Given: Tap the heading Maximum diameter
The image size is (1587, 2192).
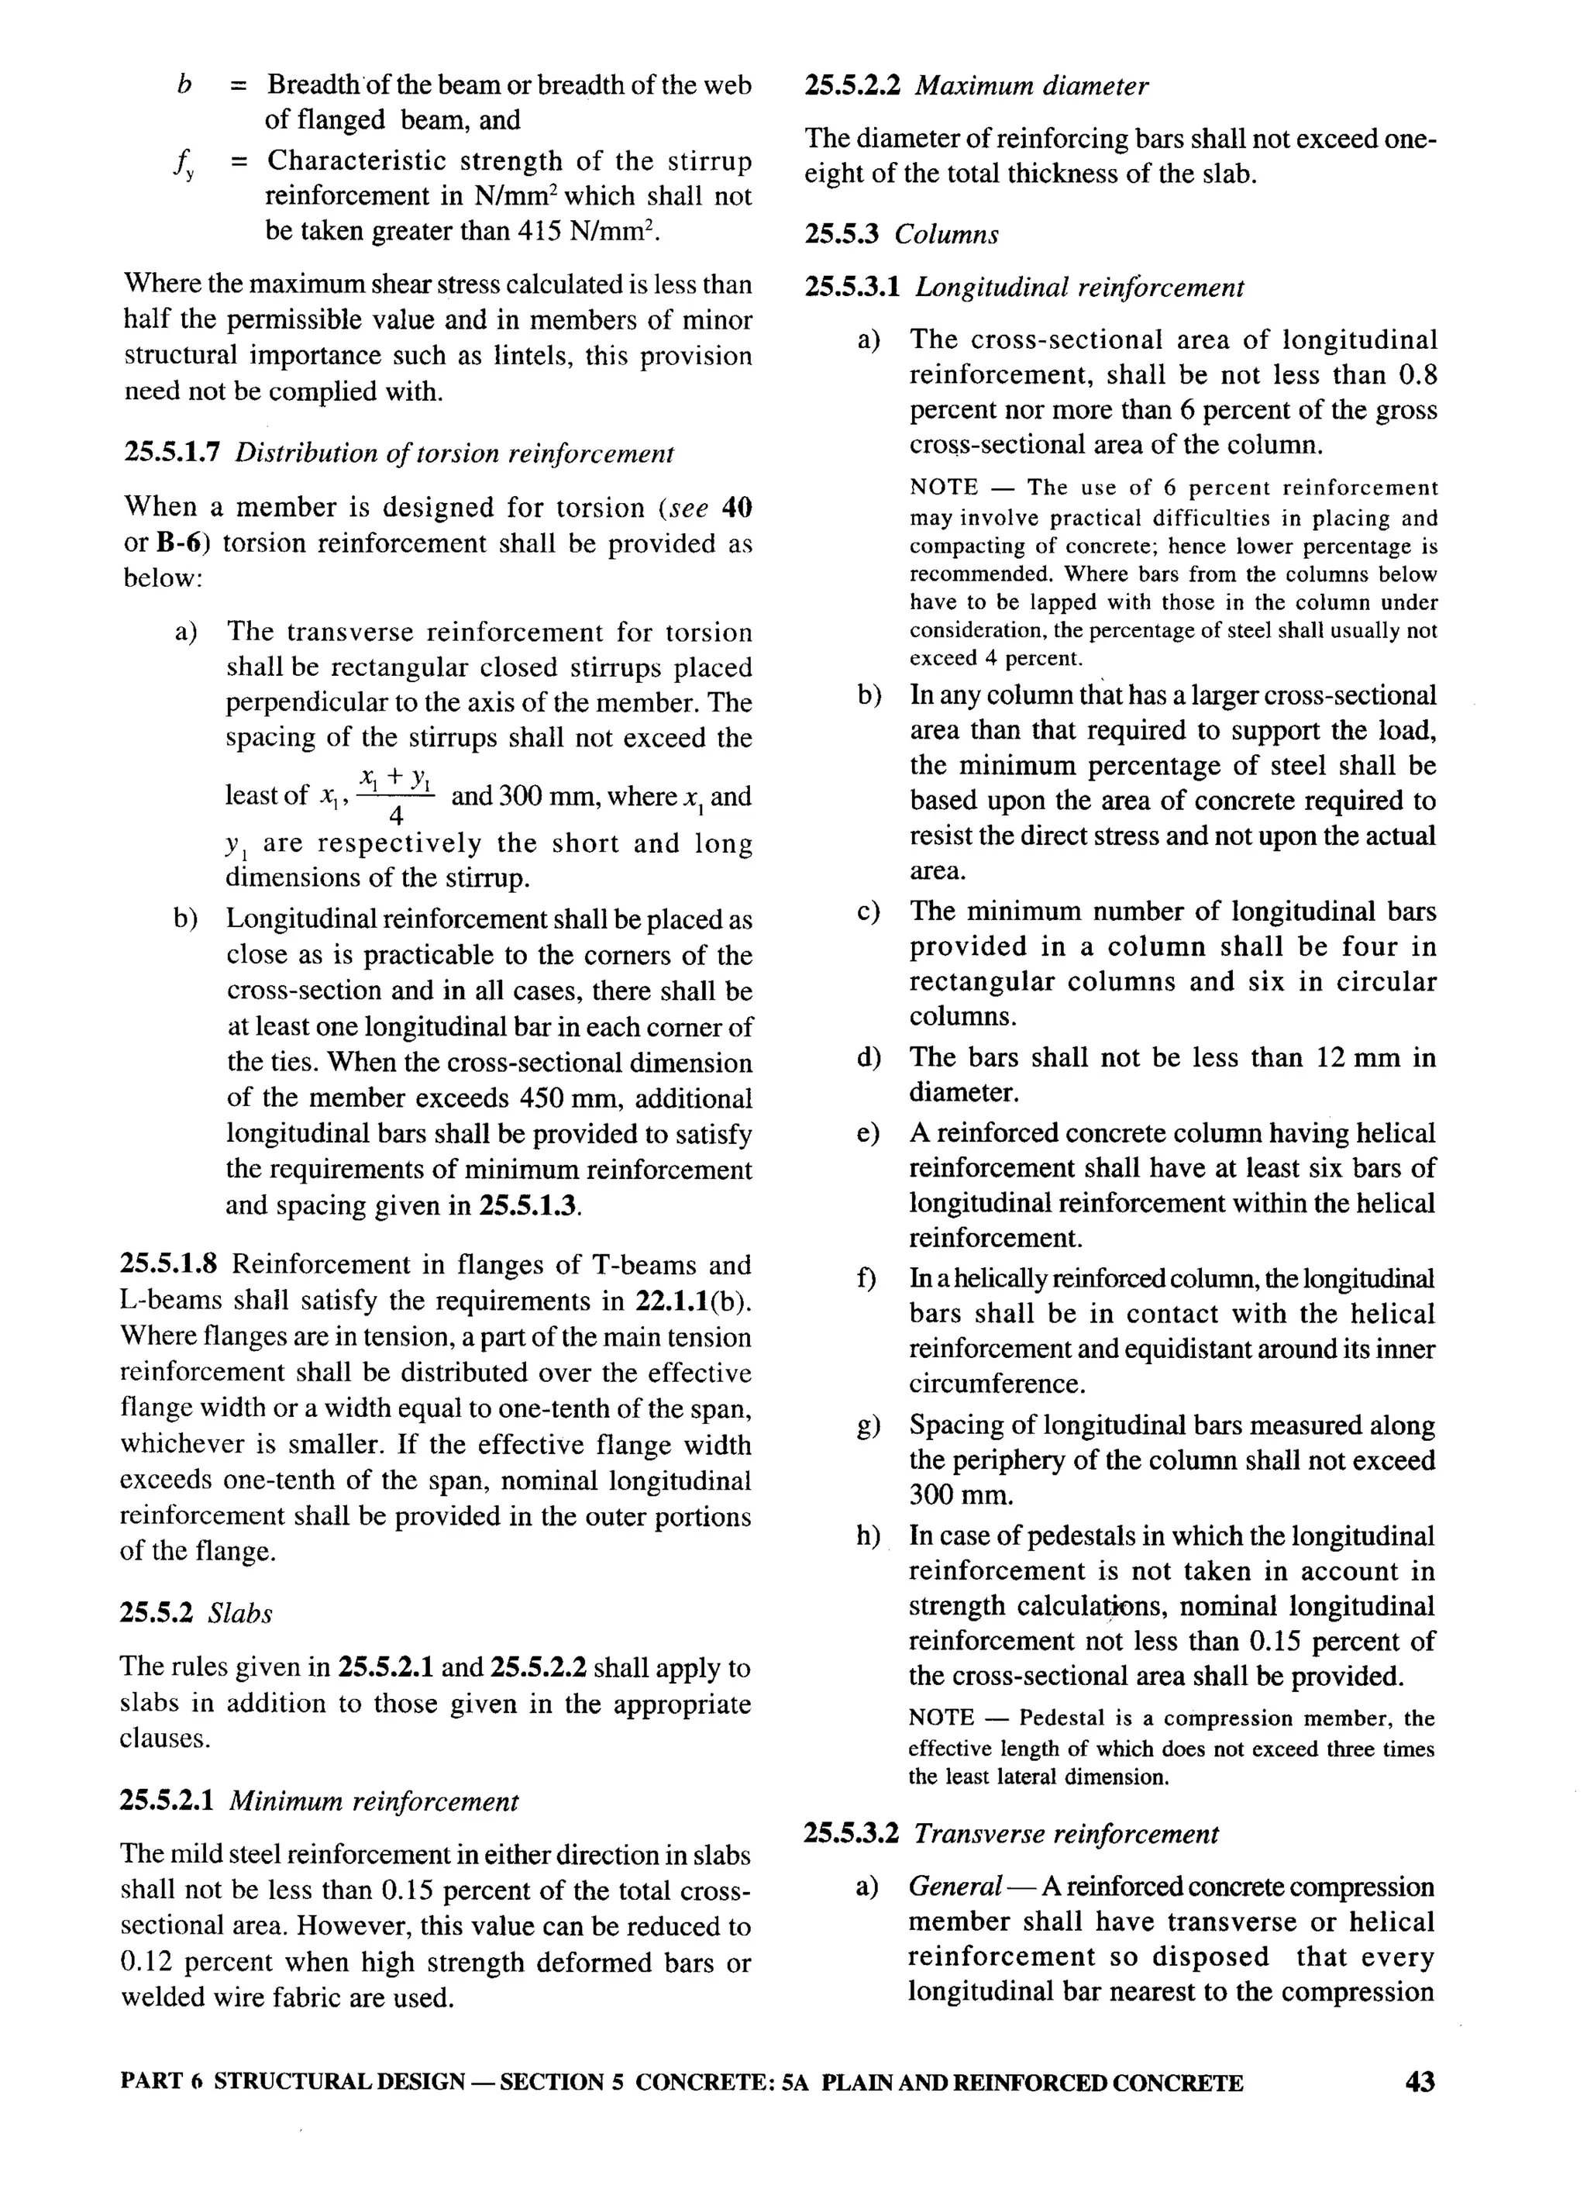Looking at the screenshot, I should click(x=1031, y=87).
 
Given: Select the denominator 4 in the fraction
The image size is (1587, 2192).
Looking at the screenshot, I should click(x=396, y=818).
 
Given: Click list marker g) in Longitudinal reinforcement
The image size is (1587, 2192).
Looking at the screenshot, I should click(x=868, y=1426).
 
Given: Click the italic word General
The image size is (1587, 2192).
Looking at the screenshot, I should click(x=955, y=1887).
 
